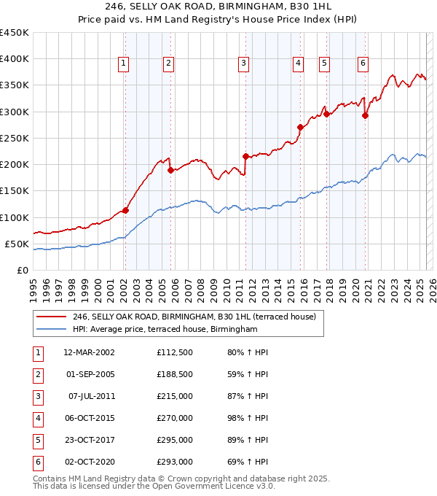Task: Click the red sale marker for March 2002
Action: (x=125, y=210)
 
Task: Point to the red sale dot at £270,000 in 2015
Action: (x=300, y=127)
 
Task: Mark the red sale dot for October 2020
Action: (x=365, y=115)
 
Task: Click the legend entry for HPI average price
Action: (x=165, y=330)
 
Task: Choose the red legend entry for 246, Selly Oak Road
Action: (x=194, y=317)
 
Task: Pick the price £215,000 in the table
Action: (x=174, y=396)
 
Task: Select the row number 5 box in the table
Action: (x=37, y=441)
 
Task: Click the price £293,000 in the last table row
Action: (x=174, y=462)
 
